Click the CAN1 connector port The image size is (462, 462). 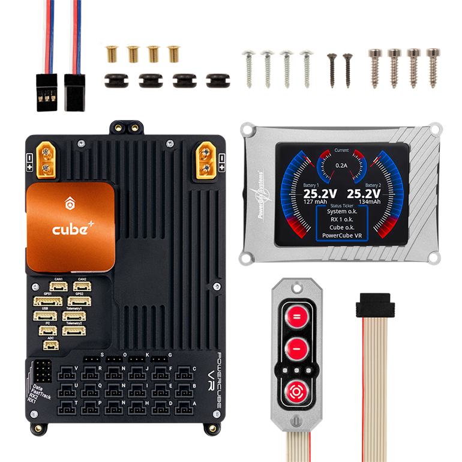(x=58, y=286)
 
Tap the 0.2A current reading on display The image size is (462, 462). (x=341, y=165)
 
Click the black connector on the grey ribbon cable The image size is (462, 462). (x=375, y=308)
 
